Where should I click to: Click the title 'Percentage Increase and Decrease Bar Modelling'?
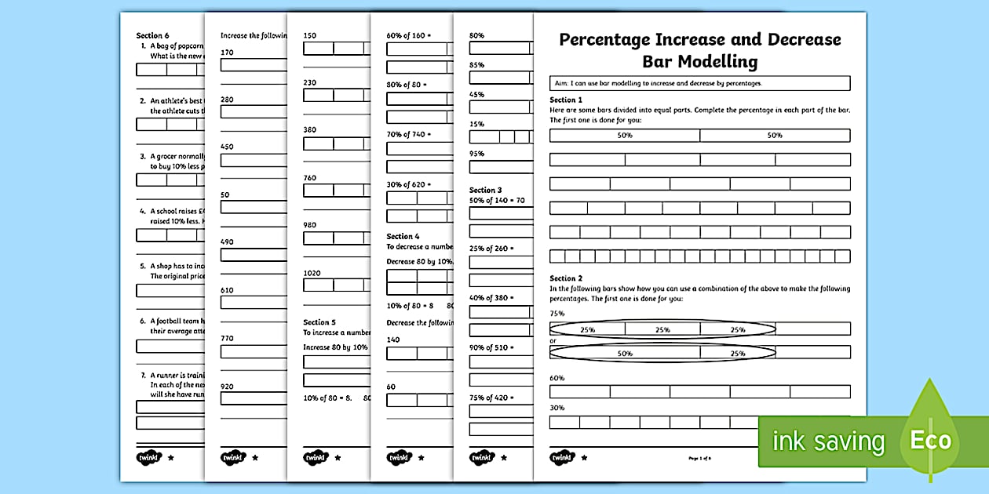[x=699, y=50]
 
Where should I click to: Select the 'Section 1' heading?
[x=566, y=100]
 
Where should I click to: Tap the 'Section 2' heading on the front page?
[x=566, y=278]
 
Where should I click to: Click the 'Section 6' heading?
[x=152, y=35]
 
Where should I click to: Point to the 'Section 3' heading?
[x=486, y=190]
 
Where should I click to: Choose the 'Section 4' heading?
[x=403, y=236]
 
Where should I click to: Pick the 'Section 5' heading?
[x=319, y=322]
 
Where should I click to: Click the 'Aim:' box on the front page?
[x=699, y=83]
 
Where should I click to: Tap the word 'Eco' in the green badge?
[x=930, y=441]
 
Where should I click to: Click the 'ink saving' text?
[x=828, y=442]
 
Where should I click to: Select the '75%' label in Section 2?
[x=557, y=312]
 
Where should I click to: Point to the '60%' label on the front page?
[x=557, y=378]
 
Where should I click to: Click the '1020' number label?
[x=313, y=273]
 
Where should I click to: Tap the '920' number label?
[x=228, y=387]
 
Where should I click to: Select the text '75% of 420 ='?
[x=491, y=398]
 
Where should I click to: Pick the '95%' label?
[x=476, y=154]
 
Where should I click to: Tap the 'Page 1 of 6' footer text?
[x=699, y=458]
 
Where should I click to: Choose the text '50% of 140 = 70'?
[x=497, y=201]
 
